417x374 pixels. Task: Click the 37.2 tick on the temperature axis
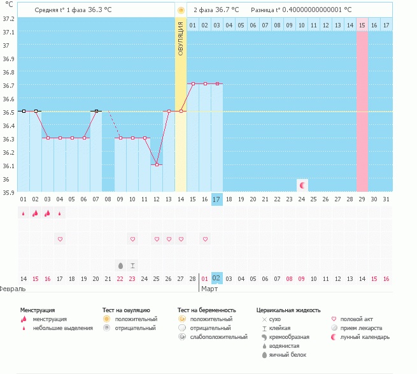click(x=8, y=18)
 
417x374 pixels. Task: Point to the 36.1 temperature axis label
click(x=8, y=166)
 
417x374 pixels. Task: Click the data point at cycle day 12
click(x=157, y=165)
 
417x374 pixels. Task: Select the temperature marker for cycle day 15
click(x=193, y=84)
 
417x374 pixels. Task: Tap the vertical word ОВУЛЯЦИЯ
click(x=181, y=39)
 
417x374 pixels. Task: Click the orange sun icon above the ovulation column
click(x=181, y=10)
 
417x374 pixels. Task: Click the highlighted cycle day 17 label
click(x=216, y=199)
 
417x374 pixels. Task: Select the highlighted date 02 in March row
click(x=216, y=278)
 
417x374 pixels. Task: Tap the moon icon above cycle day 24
click(x=302, y=185)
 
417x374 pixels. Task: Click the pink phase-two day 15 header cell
click(x=362, y=25)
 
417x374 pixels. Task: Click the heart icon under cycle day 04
click(x=60, y=239)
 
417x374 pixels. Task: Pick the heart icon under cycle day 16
click(x=205, y=239)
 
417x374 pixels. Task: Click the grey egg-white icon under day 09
click(x=120, y=266)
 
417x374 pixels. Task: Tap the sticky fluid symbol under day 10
click(x=132, y=266)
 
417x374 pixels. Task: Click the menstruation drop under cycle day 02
click(x=35, y=213)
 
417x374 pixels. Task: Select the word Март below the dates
click(x=209, y=289)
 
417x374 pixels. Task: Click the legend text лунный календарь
click(x=365, y=337)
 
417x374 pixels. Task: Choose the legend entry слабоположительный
click(x=218, y=337)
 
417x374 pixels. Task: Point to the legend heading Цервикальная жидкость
click(x=288, y=310)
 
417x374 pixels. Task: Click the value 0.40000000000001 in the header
click(x=312, y=10)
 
